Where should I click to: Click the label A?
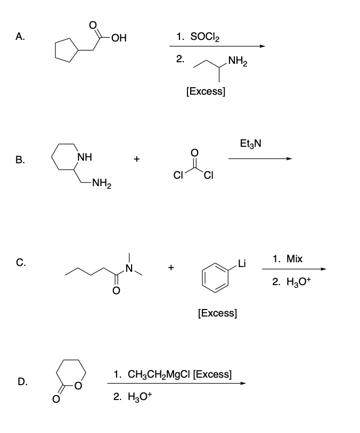point(20,37)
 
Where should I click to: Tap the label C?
point(20,262)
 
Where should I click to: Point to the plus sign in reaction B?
point(137,159)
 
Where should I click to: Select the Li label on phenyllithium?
point(242,264)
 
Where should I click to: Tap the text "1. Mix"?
point(287,259)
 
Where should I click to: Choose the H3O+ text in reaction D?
point(133,396)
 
